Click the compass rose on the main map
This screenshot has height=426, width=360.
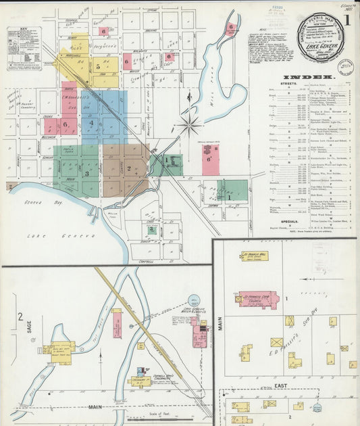click(x=190, y=124)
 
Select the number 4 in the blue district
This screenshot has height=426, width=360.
click(x=91, y=123)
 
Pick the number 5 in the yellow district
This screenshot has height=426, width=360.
click(x=98, y=66)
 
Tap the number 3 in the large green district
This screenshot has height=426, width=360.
click(x=86, y=174)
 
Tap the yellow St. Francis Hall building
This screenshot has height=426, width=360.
click(x=256, y=256)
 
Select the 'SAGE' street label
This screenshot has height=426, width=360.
click(x=29, y=329)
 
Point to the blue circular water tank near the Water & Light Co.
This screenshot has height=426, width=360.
click(x=195, y=300)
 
